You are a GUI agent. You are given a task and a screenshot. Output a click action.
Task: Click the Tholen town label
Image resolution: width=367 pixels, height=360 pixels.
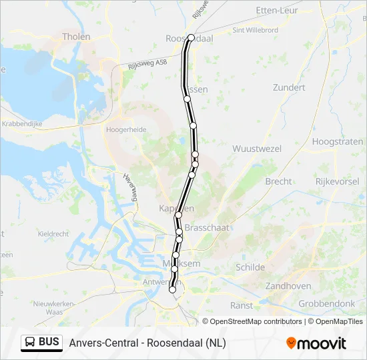tap(75, 37)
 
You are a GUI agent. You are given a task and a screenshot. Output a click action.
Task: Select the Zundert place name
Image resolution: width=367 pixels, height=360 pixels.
tap(289, 87)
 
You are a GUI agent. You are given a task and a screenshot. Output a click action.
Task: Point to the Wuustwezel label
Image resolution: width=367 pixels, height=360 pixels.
tap(256, 149)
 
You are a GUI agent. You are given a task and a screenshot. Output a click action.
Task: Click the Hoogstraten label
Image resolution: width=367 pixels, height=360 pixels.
tap(338, 141)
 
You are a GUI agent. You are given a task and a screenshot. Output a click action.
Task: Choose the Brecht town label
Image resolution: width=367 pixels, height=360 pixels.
tap(278, 181)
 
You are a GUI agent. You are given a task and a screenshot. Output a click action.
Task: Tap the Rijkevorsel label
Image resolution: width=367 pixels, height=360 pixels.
tap(338, 181)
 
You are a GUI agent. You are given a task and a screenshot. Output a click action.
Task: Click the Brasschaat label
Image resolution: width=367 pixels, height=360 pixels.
tap(206, 227)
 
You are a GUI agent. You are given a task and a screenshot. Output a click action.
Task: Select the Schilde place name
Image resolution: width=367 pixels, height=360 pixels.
tap(250, 267)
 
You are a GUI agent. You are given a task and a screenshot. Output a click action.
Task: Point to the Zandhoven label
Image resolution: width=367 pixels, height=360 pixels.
tap(288, 285)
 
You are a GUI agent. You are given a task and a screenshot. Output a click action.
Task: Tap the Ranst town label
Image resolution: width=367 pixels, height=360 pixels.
tap(241, 305)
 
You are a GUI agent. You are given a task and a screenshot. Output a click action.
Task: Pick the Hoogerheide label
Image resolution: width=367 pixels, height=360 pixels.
tap(126, 130)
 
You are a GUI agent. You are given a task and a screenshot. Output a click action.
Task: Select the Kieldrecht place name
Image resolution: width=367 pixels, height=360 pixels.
tap(53, 234)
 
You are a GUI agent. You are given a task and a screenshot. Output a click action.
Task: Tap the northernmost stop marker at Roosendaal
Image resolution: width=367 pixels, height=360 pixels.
tap(191, 38)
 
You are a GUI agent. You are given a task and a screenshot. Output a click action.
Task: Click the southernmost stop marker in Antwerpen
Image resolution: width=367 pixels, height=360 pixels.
tap(173, 289)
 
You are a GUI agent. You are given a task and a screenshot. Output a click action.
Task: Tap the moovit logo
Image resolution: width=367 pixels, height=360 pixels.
tap(316, 343)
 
